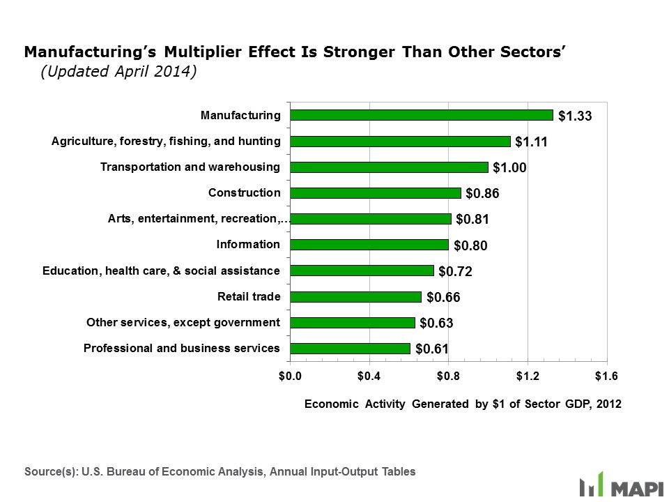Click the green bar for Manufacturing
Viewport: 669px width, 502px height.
pos(422,115)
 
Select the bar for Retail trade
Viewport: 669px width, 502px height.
pos(355,297)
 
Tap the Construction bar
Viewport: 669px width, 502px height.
pos(376,193)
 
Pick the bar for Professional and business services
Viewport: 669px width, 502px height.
pos(350,349)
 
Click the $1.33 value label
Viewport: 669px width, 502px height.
pos(575,116)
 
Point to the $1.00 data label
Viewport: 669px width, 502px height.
pos(509,168)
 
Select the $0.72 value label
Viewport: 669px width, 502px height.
pos(456,272)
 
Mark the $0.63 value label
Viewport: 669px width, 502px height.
pos(437,324)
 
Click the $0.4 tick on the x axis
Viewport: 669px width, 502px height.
pos(369,376)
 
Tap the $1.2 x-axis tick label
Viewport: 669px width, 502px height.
pos(528,376)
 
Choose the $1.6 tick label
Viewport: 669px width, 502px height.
pos(607,376)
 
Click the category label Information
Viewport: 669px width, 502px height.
pos(248,245)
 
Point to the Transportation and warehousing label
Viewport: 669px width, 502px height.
pos(190,167)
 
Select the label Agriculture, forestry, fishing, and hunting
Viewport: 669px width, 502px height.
pos(166,142)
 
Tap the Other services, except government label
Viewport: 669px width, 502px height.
pos(183,323)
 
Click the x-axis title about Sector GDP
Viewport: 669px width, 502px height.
pos(463,404)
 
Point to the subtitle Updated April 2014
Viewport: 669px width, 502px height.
pos(118,73)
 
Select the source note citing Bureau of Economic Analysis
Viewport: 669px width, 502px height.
pos(220,472)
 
